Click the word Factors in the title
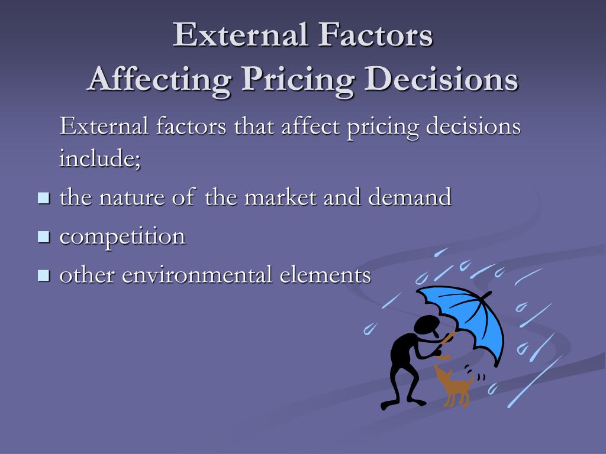(x=375, y=35)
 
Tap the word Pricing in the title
(x=298, y=80)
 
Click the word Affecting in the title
(x=159, y=80)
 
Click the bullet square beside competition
(x=44, y=236)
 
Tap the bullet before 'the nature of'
(x=44, y=198)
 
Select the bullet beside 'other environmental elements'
(x=44, y=275)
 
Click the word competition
(x=123, y=236)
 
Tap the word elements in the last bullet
(x=325, y=275)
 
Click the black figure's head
(x=427, y=326)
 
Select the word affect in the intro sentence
(x=310, y=125)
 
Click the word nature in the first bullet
(x=132, y=197)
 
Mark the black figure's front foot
(x=415, y=401)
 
